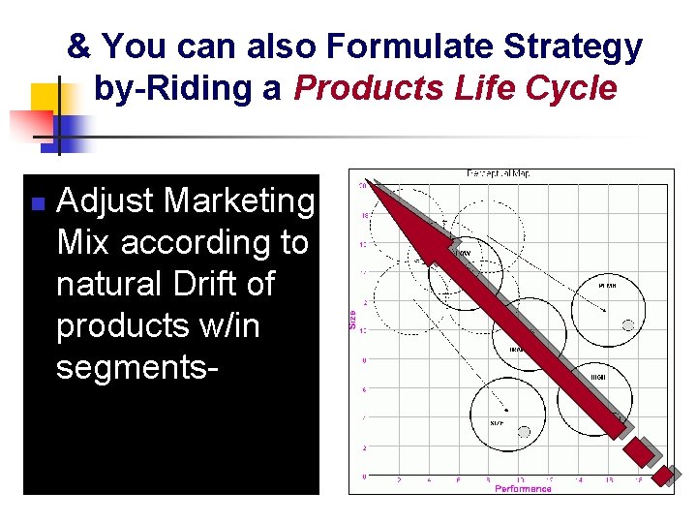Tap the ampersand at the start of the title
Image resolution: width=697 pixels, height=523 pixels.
pyautogui.click(x=80, y=46)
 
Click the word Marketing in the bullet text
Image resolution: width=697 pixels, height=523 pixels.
pyautogui.click(x=241, y=200)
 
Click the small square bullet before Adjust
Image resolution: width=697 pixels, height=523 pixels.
pyautogui.click(x=36, y=203)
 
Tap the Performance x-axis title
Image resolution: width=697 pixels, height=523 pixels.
pyautogui.click(x=523, y=488)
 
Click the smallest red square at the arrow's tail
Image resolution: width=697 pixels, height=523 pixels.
pyautogui.click(x=663, y=477)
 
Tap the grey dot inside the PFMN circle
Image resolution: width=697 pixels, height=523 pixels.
pyautogui.click(x=627, y=323)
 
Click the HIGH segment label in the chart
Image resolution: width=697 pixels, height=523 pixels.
pyautogui.click(x=598, y=376)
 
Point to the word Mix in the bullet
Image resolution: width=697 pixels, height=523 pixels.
pyautogui.click(x=84, y=242)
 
